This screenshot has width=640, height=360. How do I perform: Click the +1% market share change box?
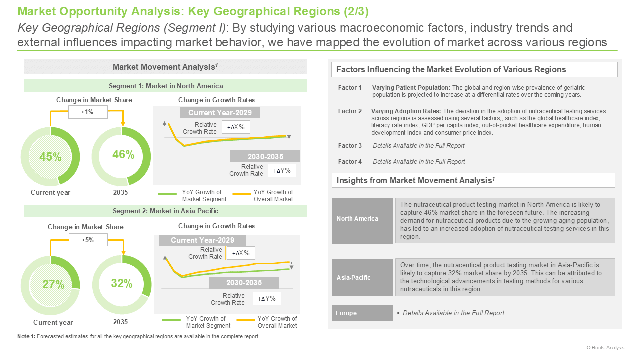pyautogui.click(x=88, y=112)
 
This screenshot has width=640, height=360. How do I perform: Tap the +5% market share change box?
pyautogui.click(x=88, y=240)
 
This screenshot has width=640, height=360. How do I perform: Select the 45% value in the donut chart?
pyautogui.click(x=50, y=157)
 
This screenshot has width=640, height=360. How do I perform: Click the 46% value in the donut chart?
pyautogui.click(x=123, y=154)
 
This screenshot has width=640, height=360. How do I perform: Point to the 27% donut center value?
pyautogui.click(x=53, y=284)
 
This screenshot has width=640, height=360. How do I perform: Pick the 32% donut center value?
pyautogui.click(x=122, y=283)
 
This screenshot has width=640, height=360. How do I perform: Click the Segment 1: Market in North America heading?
pyautogui.click(x=165, y=86)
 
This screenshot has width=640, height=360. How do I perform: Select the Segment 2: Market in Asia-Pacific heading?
pyautogui.click(x=165, y=211)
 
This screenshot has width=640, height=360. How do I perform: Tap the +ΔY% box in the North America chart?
pyautogui.click(x=282, y=171)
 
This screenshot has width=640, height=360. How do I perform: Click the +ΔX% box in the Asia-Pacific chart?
pyautogui.click(x=241, y=253)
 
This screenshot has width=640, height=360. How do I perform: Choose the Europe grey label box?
pyautogui.click(x=362, y=313)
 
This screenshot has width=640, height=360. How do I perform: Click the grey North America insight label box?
pyautogui.click(x=362, y=221)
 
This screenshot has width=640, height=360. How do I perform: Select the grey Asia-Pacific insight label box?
pyautogui.click(x=362, y=277)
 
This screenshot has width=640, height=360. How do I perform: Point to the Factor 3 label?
pyautogui.click(x=350, y=146)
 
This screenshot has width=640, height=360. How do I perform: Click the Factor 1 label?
pyautogui.click(x=350, y=88)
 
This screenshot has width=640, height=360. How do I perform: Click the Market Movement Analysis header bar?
pyautogui.click(x=165, y=67)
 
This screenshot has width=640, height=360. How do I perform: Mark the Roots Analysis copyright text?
pyautogui.click(x=605, y=347)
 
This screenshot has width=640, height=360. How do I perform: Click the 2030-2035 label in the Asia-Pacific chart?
pyautogui.click(x=244, y=283)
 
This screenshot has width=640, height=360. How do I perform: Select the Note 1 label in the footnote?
pyautogui.click(x=26, y=336)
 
